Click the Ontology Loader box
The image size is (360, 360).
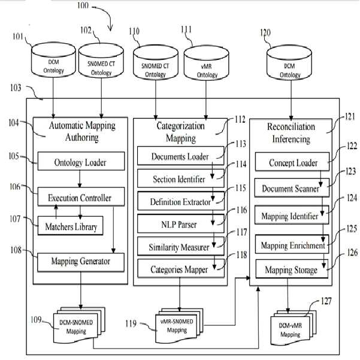[x=81, y=161]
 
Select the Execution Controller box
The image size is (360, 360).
[x=81, y=196]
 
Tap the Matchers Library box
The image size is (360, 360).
[x=70, y=226]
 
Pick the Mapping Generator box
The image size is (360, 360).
[x=81, y=262]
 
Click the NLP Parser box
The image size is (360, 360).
[x=181, y=223]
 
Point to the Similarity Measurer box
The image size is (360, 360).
[x=181, y=246]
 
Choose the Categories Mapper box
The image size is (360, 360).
[x=181, y=268]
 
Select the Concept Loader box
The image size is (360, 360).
[x=292, y=162]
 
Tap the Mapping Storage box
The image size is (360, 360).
[x=292, y=269]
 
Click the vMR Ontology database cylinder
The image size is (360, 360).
[x=206, y=63]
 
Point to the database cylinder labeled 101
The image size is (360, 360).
[x=53, y=60]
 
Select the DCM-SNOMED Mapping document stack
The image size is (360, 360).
[x=79, y=326]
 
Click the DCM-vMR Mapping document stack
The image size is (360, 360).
[x=293, y=328]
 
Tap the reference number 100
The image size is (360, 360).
[x=83, y=5]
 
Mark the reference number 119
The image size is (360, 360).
[x=131, y=323]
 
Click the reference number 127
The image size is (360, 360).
[x=326, y=301]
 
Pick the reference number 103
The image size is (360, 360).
[x=16, y=87]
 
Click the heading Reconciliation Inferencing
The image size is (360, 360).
[x=291, y=133]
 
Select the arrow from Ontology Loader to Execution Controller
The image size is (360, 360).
[x=80, y=179]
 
